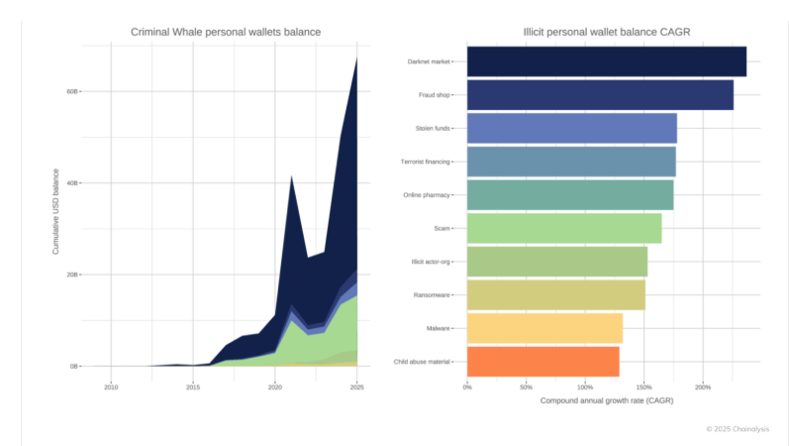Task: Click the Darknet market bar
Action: tap(606, 61)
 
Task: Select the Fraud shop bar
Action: tap(600, 95)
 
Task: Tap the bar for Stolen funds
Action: tap(571, 129)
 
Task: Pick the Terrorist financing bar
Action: tap(571, 162)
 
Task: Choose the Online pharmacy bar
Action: tap(569, 195)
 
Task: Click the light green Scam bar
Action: tap(563, 228)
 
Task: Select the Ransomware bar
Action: tap(555, 294)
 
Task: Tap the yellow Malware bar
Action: tap(544, 328)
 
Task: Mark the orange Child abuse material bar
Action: tap(542, 362)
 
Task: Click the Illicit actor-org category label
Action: tap(431, 262)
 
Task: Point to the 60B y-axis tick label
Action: tap(71, 91)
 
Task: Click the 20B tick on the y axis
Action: tap(71, 275)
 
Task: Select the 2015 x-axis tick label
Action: tap(193, 388)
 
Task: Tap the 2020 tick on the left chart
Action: tap(275, 388)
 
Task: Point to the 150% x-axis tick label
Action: tap(644, 388)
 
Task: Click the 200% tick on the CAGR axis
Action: tap(703, 388)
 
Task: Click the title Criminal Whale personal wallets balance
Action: tap(226, 32)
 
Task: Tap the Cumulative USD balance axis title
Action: tap(55, 211)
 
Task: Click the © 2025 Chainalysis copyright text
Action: tap(737, 429)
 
